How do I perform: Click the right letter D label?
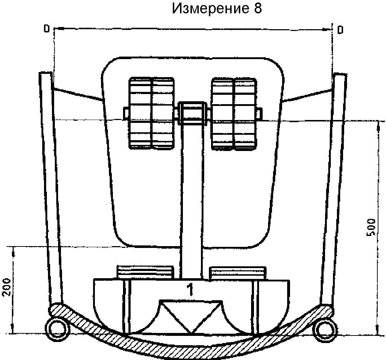[340, 30]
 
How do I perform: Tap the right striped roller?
[234, 113]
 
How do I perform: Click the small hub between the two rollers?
[193, 113]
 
